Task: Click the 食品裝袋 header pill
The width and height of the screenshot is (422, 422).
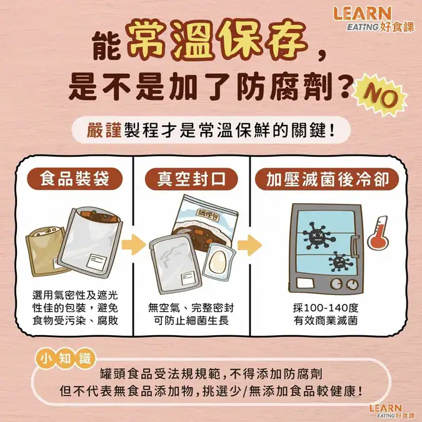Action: (x=75, y=178)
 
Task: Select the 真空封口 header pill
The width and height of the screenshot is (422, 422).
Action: (x=191, y=179)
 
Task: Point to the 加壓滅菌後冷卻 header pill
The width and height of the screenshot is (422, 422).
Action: (x=327, y=179)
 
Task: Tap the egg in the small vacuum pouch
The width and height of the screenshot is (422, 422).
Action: (x=218, y=261)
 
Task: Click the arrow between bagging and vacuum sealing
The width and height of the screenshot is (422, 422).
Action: (x=133, y=245)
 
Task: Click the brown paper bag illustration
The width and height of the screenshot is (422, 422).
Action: (x=46, y=252)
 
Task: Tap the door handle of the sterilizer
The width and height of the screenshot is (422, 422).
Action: (x=354, y=246)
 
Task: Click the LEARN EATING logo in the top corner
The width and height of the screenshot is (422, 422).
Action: (x=374, y=19)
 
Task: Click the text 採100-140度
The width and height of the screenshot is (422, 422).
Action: (x=326, y=308)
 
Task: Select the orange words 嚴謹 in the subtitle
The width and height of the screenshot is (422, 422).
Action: (x=104, y=130)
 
